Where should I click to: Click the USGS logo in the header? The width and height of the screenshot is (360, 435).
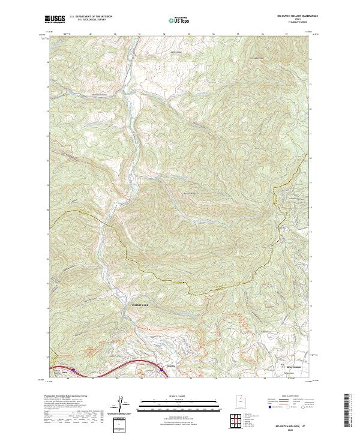(55, 19)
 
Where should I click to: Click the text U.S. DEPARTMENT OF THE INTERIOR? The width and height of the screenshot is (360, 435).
(91, 17)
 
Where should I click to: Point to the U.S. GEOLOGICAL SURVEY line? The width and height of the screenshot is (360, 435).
(87, 20)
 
